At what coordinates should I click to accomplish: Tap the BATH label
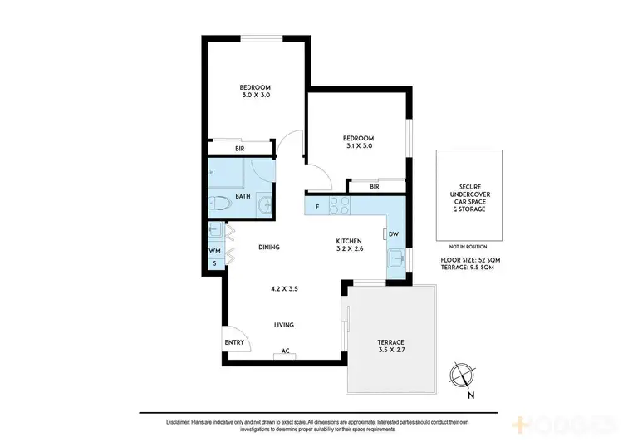243,197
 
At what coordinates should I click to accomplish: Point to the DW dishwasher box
393,234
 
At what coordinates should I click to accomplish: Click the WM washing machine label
214,250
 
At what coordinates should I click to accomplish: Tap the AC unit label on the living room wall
285,351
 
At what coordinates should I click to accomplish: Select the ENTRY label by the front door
234,342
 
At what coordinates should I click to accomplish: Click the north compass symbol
459,376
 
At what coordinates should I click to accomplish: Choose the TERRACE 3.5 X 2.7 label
390,347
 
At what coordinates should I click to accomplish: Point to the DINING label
268,247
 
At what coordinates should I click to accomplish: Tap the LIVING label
284,325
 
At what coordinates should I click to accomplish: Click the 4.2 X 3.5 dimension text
284,289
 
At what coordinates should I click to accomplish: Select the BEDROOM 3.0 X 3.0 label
254,91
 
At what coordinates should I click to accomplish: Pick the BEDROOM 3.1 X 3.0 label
358,141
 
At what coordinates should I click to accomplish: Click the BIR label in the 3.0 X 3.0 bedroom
239,149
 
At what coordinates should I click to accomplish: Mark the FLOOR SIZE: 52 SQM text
470,260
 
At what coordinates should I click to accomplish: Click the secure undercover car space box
470,196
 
